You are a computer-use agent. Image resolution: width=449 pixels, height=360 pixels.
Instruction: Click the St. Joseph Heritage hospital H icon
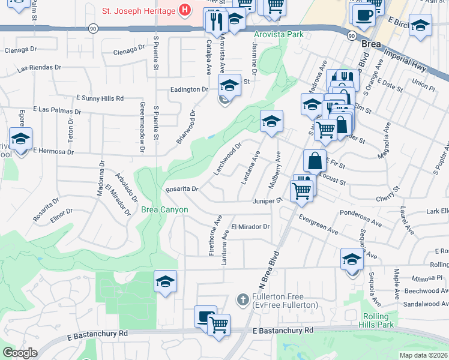click(185, 10)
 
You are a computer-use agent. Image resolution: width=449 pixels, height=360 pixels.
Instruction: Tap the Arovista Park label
click(279, 34)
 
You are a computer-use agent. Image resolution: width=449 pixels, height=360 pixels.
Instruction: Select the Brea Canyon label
click(164, 209)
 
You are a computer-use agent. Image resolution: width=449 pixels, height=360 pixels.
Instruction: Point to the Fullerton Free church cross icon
click(242, 299)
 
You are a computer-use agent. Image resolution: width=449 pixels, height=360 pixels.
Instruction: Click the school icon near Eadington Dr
click(229, 85)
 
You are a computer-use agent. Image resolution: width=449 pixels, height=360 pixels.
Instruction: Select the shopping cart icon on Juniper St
click(301, 190)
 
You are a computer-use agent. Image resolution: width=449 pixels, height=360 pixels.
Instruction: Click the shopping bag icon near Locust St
click(315, 160)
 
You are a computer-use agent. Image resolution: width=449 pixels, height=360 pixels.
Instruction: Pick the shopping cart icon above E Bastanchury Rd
click(218, 325)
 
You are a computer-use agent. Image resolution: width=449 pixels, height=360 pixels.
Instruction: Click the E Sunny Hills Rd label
click(100, 98)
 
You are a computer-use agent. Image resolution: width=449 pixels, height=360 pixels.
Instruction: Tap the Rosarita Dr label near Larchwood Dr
click(182, 189)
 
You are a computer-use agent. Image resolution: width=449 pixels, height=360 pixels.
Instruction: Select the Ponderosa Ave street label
click(361, 218)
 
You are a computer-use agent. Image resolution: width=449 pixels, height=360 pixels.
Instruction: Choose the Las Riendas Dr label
click(40, 68)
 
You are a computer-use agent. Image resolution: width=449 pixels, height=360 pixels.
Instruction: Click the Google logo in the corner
click(20, 353)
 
